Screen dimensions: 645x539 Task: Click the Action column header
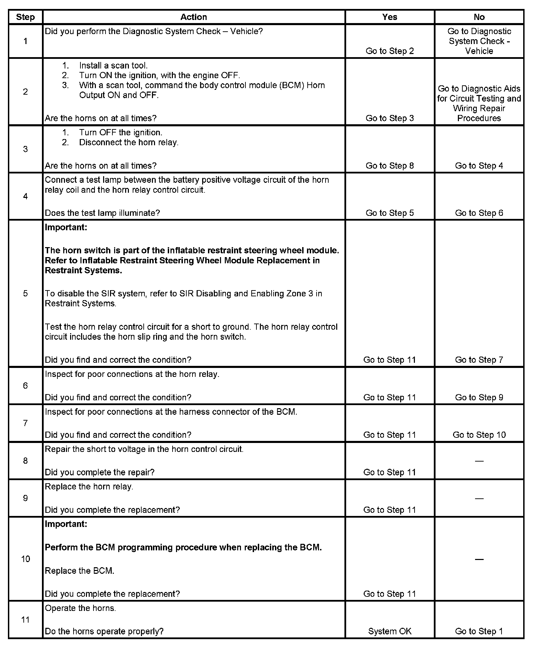pos(194,17)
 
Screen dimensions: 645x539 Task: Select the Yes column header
pos(389,17)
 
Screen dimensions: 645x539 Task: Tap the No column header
pos(479,17)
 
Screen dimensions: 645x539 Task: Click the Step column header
pos(25,17)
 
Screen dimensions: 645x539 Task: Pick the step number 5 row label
pos(25,294)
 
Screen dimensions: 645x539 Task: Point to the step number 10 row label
pos(25,559)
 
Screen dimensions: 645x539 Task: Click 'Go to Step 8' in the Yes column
pos(389,166)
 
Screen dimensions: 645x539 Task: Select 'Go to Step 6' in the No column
pos(479,213)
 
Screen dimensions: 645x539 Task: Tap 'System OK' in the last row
pos(389,631)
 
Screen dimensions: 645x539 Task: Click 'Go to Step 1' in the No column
pos(479,631)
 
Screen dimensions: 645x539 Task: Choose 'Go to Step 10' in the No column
pos(479,435)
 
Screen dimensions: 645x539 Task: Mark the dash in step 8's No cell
pos(479,461)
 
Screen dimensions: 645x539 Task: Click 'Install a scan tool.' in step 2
pos(113,65)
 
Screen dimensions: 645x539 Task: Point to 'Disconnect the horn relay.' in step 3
pos(129,142)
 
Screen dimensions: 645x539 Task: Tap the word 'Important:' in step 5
pos(66,228)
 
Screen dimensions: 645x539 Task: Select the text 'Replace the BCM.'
pos(79,571)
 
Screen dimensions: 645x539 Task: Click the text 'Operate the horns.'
pos(80,608)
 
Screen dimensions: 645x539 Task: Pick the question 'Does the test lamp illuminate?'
pos(102,213)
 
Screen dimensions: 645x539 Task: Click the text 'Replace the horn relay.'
pos(89,487)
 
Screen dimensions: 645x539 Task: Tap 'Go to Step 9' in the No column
pos(479,398)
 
